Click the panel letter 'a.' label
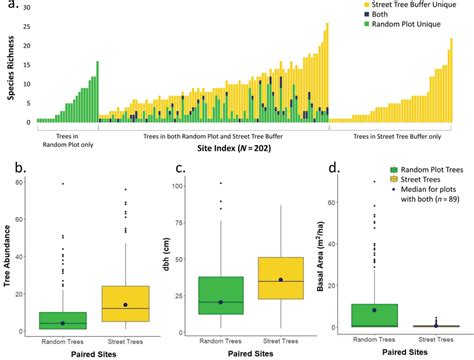pyautogui.click(x=12, y=8)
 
